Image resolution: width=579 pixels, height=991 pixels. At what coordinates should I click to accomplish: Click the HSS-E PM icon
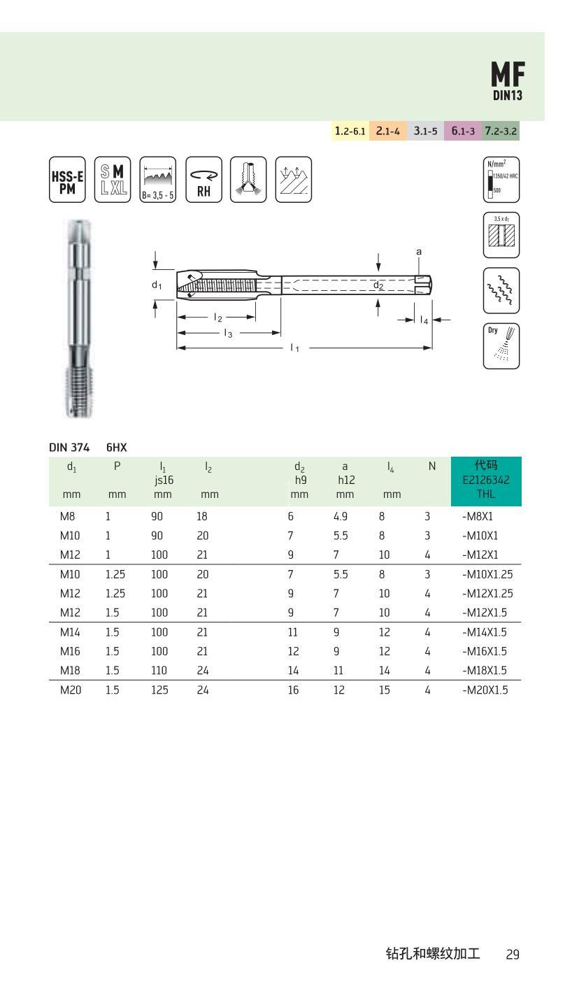(67, 180)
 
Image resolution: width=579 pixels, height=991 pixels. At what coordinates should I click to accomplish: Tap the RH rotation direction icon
(203, 180)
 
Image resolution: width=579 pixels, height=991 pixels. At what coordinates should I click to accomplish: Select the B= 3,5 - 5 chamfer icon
(158, 180)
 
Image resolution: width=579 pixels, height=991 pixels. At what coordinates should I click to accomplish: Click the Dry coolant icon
(501, 345)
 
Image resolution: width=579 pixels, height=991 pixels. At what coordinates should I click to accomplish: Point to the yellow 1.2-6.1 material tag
(350, 131)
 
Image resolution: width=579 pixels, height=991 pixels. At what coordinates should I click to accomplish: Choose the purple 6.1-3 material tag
(462, 131)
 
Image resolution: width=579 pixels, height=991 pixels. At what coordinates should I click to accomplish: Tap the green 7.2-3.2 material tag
(501, 131)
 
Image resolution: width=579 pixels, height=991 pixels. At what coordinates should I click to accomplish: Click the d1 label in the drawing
(157, 285)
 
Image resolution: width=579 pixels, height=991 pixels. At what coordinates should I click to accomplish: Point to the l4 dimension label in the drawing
(424, 320)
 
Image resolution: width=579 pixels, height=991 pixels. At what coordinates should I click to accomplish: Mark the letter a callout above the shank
(419, 251)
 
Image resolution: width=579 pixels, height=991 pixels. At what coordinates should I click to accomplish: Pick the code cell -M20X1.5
(485, 690)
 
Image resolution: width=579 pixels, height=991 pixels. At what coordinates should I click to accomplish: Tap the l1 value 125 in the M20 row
(159, 690)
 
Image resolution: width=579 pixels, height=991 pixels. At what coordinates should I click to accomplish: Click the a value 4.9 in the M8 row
(340, 517)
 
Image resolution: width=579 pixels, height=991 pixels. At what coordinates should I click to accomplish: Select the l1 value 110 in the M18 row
(159, 671)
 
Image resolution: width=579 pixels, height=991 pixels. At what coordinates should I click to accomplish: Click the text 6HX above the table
(116, 445)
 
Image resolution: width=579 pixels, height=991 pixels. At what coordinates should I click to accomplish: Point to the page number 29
(513, 954)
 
